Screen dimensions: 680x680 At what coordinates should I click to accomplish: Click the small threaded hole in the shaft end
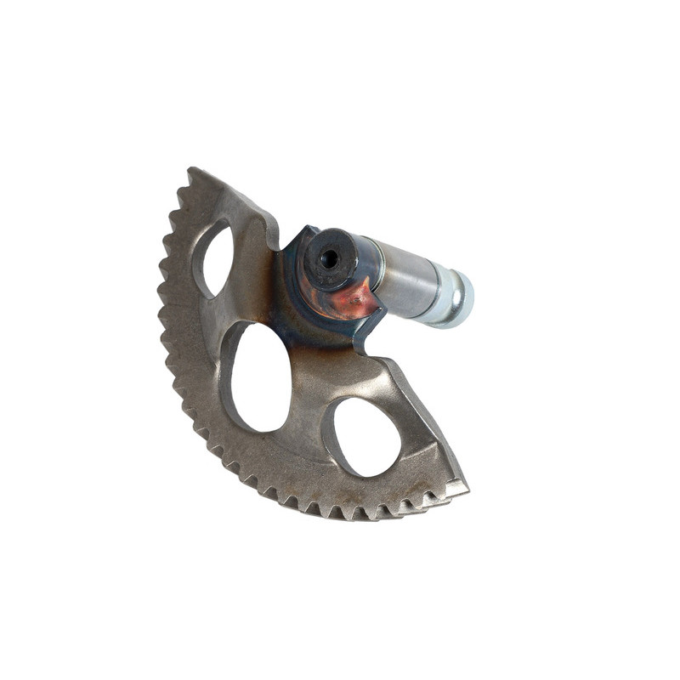pyautogui.click(x=329, y=258)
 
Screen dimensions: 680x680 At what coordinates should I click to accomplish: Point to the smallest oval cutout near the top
pyautogui.click(x=218, y=259)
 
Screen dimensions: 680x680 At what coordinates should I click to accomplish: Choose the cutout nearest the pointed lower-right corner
pyautogui.click(x=366, y=436)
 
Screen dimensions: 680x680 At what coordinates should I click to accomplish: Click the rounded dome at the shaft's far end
pyautogui.click(x=464, y=300)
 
